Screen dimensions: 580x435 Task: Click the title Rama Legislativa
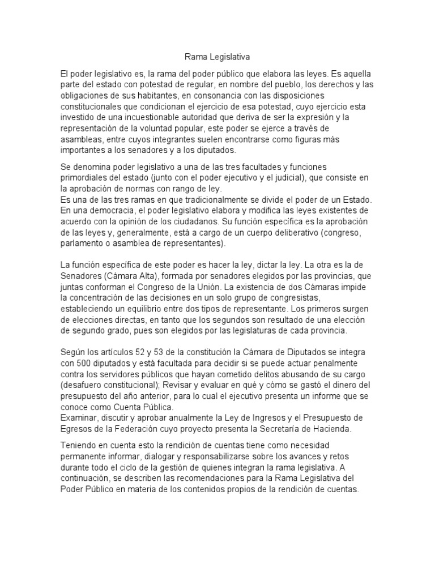click(217, 57)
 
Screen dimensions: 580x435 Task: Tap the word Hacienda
click(331, 428)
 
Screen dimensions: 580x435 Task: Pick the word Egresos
click(76, 428)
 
